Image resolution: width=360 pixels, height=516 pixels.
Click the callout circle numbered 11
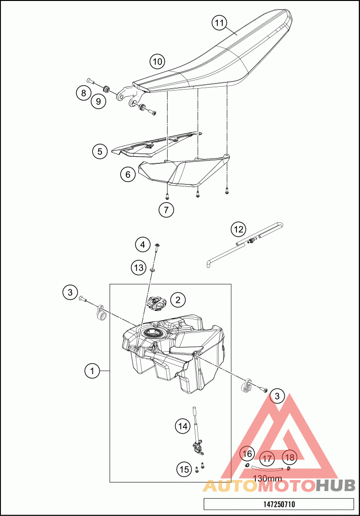[219, 23]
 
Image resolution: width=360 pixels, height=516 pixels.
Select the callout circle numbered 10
[157, 61]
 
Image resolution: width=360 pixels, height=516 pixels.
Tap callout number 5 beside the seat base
[100, 151]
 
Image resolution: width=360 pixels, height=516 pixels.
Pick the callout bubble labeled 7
[166, 210]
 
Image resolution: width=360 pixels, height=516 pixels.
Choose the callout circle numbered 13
[139, 267]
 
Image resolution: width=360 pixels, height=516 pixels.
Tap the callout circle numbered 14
[183, 426]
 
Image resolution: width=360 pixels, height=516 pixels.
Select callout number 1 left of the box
[92, 371]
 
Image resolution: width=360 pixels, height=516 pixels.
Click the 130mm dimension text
[268, 479]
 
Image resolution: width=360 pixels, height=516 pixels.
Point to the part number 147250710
[279, 504]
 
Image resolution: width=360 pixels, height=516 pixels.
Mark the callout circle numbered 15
[184, 469]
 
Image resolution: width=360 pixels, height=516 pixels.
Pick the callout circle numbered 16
[247, 454]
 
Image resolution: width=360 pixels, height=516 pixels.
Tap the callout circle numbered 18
[290, 457]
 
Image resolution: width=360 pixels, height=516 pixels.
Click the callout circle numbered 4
[142, 244]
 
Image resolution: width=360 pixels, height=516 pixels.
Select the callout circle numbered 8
[83, 93]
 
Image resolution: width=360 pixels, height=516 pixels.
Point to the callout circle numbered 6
[128, 174]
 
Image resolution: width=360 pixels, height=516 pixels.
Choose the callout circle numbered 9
[98, 101]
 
